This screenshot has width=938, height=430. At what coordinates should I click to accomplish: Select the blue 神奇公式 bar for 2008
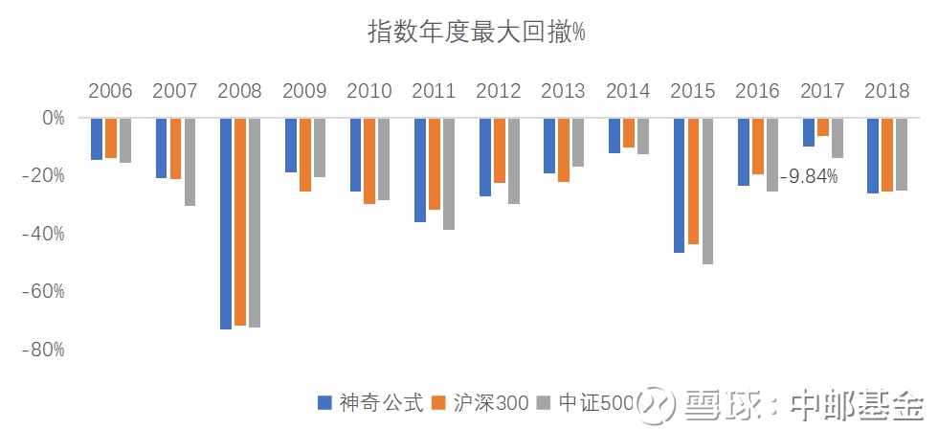226,223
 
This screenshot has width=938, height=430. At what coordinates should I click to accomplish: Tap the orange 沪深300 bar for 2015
693,181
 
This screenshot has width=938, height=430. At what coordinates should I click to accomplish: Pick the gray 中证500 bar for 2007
190,162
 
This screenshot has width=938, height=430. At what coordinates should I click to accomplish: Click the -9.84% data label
808,176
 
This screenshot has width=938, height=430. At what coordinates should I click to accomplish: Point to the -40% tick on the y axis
44,234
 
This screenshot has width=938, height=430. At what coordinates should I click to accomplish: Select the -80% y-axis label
44,350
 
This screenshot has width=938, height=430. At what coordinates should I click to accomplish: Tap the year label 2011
434,92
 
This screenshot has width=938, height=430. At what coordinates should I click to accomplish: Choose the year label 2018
886,92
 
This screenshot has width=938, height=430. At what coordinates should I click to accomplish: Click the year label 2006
110,92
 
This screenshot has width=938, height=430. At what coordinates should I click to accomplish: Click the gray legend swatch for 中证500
544,404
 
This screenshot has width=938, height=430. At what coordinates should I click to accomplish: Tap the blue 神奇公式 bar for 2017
809,132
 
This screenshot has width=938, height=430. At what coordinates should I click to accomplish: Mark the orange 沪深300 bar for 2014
628,133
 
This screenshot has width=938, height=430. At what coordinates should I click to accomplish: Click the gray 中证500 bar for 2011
448,174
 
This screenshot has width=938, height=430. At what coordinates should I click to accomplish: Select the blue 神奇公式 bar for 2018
873,156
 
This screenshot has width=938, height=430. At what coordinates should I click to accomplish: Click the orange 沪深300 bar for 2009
304,155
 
